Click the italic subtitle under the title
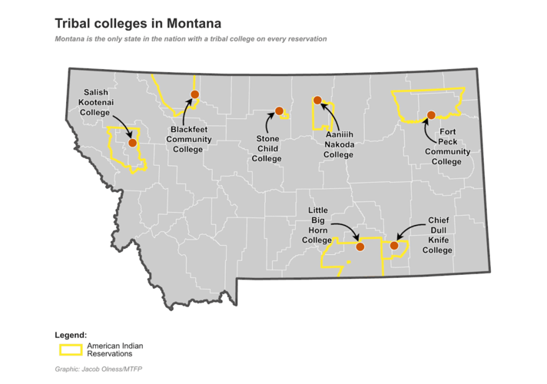coord(191,38)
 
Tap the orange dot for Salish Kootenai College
coord(132,142)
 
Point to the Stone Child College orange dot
coord(280,110)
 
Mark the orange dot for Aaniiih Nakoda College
coord(317,100)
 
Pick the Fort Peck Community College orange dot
coord(431,114)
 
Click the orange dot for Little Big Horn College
coord(360,247)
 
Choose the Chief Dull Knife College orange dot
coord(394,246)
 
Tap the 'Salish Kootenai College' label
coord(95,102)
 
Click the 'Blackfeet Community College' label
coord(188,139)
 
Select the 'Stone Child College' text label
coord(267,149)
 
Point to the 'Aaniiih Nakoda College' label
coord(338,144)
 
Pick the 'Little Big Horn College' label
coord(317,225)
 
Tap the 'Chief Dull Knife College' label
coord(437,235)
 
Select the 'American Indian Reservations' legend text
coord(115,349)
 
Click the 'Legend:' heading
coord(71,336)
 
